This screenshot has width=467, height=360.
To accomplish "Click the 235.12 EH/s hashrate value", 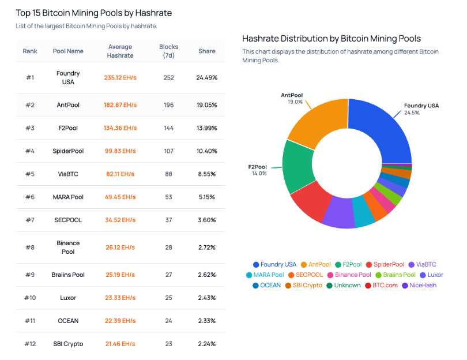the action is [x=120, y=77].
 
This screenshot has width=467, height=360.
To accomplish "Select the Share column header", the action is [x=207, y=51].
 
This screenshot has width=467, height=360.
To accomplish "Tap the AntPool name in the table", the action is [x=68, y=105].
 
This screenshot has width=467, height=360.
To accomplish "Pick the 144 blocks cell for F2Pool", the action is [x=168, y=128].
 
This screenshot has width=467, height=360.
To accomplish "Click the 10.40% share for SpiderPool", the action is [x=207, y=151].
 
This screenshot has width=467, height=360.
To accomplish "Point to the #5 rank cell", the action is [x=30, y=174].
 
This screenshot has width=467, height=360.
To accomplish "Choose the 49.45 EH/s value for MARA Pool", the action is [x=120, y=197].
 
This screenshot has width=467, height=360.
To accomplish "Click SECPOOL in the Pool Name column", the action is [x=68, y=220].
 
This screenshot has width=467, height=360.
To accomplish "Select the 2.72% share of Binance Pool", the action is [x=207, y=247].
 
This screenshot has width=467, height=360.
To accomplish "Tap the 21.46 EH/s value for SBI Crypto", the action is [x=120, y=344].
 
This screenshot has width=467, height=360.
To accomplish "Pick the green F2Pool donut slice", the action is [x=298, y=167].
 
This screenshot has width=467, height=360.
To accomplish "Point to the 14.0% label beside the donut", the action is [x=259, y=174].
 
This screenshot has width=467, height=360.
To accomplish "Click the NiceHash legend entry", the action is [x=419, y=285].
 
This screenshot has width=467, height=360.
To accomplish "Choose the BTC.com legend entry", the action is [x=381, y=285].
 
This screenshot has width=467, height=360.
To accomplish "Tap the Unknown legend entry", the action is [x=344, y=285].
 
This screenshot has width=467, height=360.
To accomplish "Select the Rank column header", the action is [x=30, y=51].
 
